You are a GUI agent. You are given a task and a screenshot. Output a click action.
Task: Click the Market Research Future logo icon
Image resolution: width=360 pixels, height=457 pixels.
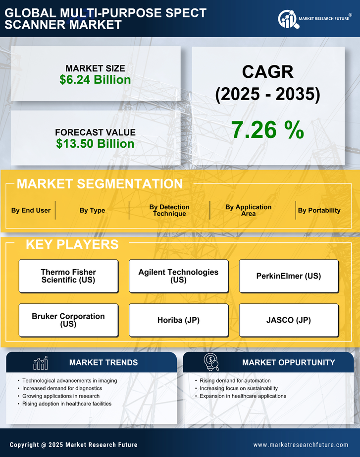(x=287, y=19)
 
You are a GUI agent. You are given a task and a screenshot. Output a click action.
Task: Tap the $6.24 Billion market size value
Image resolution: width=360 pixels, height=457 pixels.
(x=95, y=79)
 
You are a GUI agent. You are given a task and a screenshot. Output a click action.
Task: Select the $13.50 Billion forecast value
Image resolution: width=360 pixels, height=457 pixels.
(x=95, y=144)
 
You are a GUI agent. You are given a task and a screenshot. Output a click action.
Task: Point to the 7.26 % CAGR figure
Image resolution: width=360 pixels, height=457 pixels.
(x=267, y=130)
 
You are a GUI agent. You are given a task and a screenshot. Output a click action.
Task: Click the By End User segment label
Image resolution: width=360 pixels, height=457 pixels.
(x=31, y=210)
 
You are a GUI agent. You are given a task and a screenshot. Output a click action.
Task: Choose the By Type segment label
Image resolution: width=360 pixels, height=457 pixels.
(x=92, y=210)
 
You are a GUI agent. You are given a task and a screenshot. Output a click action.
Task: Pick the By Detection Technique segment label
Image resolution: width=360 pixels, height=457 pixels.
(x=169, y=210)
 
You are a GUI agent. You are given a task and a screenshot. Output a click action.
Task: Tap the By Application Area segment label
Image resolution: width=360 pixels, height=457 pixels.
(x=248, y=210)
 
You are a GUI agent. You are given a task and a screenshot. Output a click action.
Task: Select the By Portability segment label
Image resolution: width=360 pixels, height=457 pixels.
(x=319, y=210)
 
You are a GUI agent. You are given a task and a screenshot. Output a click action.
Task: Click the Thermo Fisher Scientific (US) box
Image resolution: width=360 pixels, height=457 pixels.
(x=68, y=276)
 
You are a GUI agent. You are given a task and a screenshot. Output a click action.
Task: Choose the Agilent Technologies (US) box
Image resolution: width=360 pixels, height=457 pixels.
(x=178, y=276)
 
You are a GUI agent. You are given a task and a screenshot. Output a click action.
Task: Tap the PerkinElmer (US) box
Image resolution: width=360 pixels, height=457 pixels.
(x=289, y=276)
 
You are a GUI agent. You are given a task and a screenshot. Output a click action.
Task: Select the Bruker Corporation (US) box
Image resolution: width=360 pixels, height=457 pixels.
(x=68, y=320)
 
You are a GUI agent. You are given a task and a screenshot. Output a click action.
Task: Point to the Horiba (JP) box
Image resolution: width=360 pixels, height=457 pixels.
(x=178, y=320)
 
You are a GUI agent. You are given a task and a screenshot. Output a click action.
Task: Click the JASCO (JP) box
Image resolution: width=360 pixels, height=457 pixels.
(x=289, y=320)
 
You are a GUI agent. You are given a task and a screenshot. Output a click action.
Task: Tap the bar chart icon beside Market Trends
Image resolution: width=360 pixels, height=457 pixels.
(x=40, y=363)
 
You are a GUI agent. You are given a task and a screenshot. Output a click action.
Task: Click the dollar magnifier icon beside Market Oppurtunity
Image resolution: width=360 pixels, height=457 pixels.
(x=211, y=362)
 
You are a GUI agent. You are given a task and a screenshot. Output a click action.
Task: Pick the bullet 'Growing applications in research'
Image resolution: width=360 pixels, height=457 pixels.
(x=61, y=396)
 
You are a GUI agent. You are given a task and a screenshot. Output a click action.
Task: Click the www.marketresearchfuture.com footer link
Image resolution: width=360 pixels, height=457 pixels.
(x=301, y=445)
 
